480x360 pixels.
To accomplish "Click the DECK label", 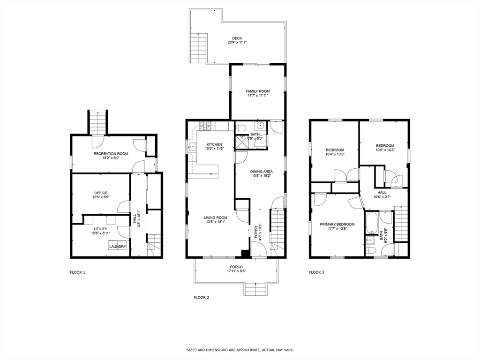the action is click(237, 38).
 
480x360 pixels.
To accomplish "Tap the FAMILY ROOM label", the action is click(258, 91).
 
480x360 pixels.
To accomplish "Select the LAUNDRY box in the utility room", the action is click(118, 246).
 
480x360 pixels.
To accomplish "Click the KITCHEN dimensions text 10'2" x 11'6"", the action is click(214, 149).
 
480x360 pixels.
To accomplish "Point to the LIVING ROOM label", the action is click(216, 217).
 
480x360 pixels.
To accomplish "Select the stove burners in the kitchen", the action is click(206, 127).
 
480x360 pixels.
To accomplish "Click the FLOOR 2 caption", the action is click(202, 297).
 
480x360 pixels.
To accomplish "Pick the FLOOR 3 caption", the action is click(316, 272).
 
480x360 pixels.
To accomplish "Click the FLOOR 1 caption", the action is click(77, 272).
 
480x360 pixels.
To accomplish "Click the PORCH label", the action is click(236, 267).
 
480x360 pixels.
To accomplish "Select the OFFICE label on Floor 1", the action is click(101, 193).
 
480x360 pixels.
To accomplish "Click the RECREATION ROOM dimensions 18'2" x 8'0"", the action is click(111, 158).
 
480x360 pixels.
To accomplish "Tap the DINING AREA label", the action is click(261, 172).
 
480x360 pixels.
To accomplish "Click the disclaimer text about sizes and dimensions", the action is click(240, 350).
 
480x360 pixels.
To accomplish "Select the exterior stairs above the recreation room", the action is click(98, 122).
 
